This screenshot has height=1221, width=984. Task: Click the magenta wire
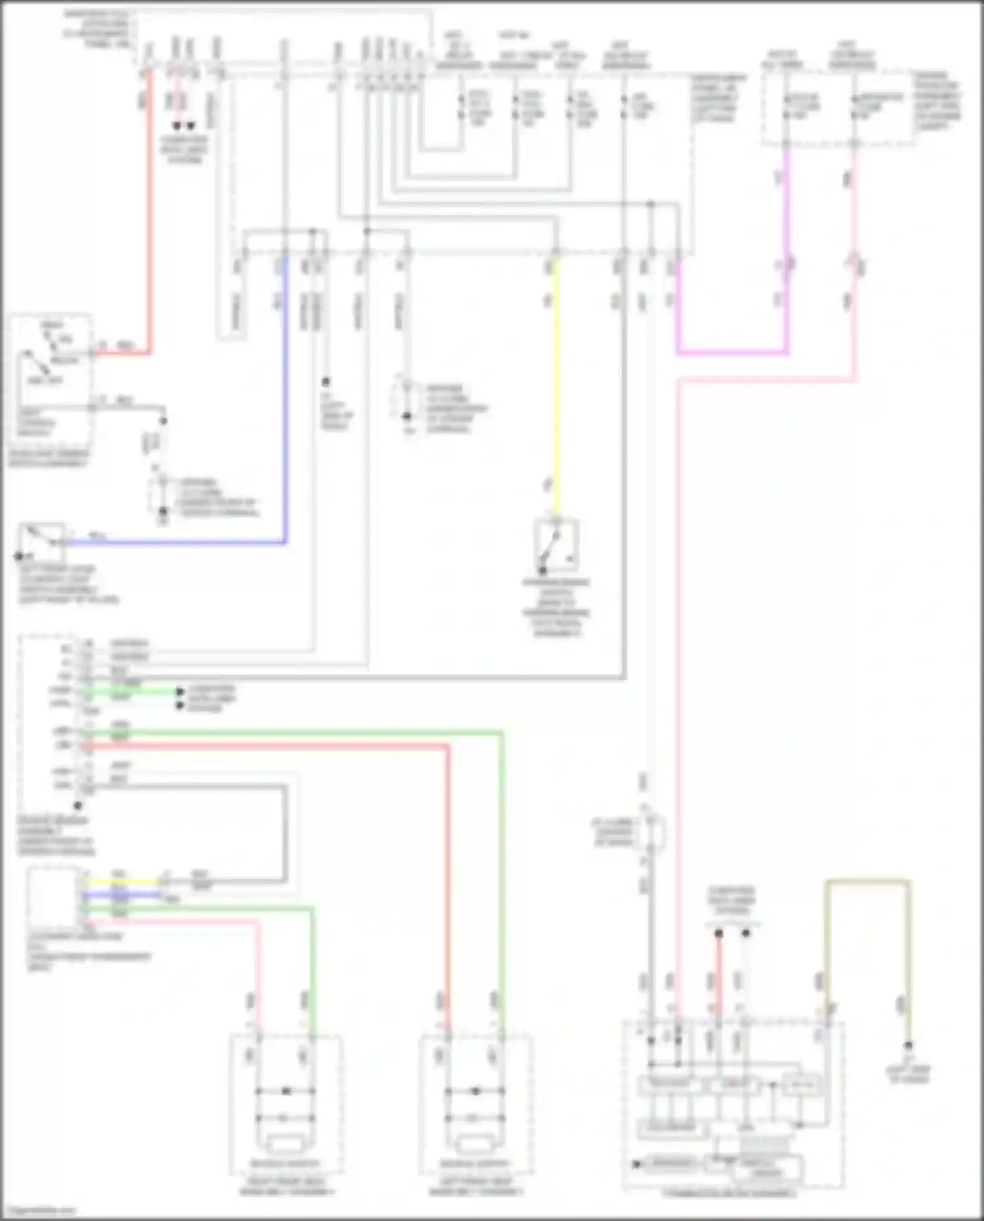[731, 352]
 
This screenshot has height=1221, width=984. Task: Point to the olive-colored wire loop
[867, 882]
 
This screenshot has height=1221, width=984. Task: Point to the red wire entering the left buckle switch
[449, 886]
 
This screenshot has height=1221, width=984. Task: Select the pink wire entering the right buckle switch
[258, 971]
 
